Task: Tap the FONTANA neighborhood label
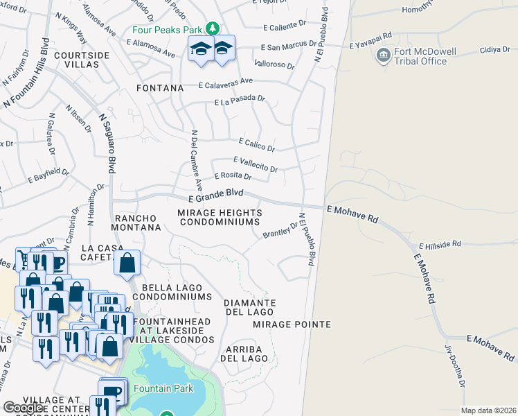160,88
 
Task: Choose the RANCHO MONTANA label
137,222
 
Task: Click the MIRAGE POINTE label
282,324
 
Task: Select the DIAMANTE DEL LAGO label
250,308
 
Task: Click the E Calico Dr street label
256,145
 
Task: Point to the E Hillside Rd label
440,245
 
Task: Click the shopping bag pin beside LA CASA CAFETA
128,263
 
